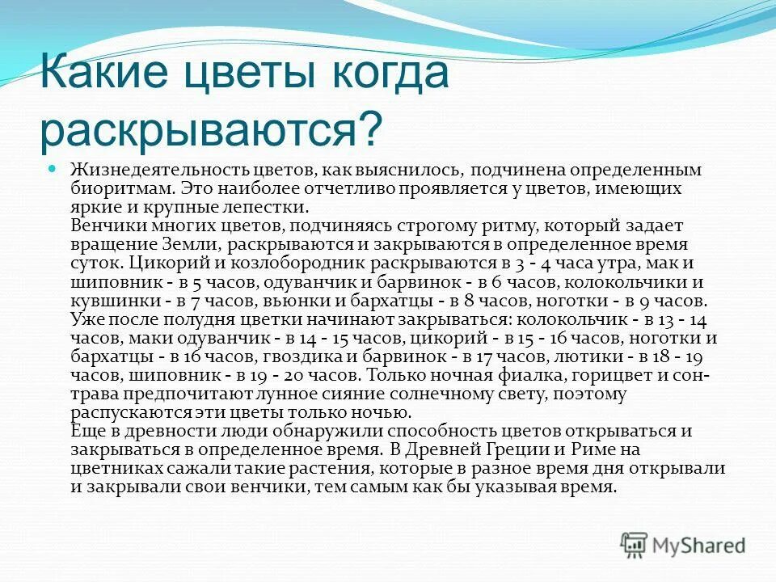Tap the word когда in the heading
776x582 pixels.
(382, 74)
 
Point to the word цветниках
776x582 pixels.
(112, 469)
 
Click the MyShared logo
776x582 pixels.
(682, 545)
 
